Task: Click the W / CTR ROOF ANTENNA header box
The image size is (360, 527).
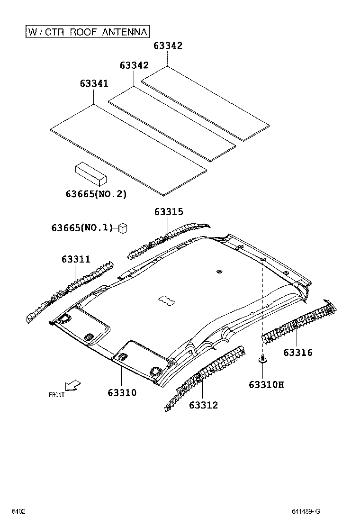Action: click(x=88, y=32)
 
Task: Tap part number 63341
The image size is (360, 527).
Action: click(x=94, y=83)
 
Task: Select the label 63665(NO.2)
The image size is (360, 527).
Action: click(x=96, y=194)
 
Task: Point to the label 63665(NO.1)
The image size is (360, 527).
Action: click(x=81, y=228)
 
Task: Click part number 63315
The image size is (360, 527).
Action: click(x=168, y=212)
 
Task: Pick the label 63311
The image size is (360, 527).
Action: click(x=75, y=259)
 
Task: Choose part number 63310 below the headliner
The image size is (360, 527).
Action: click(x=122, y=392)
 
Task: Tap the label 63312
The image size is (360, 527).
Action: click(x=203, y=405)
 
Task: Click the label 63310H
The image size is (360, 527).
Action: click(x=266, y=384)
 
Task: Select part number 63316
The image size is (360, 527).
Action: click(x=298, y=352)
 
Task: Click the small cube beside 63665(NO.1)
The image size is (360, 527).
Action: click(x=124, y=227)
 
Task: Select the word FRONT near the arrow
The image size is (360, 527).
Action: click(x=56, y=395)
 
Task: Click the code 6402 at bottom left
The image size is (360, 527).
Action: click(x=18, y=511)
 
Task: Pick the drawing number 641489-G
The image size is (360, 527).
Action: click(x=306, y=511)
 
